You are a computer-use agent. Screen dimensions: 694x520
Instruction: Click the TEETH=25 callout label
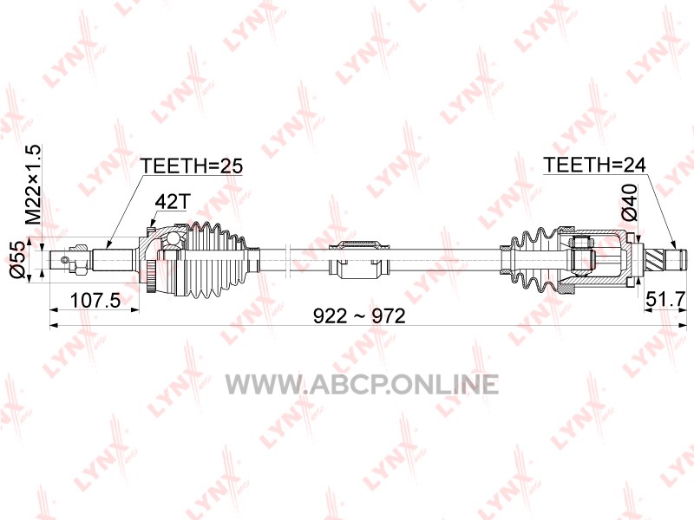point(192,166)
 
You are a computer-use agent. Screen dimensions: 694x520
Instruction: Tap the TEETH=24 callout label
point(594,165)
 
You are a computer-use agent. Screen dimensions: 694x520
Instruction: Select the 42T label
point(173,202)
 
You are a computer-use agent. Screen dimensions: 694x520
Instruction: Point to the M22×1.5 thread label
point(33,185)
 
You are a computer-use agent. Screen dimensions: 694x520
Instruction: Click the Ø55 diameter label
point(17,259)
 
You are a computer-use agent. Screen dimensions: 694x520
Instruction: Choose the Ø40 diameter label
point(630,203)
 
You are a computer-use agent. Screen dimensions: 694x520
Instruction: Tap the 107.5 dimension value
point(95,301)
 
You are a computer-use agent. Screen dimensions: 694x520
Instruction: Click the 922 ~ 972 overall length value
point(359,316)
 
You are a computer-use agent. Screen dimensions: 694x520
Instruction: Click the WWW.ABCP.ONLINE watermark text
point(362,384)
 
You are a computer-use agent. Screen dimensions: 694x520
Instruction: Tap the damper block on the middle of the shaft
point(358,259)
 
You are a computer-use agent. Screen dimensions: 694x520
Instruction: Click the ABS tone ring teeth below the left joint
point(151,277)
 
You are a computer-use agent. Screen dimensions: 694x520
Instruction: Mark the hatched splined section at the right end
point(656,259)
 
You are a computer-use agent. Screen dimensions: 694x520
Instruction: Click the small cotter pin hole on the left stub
point(65,260)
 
